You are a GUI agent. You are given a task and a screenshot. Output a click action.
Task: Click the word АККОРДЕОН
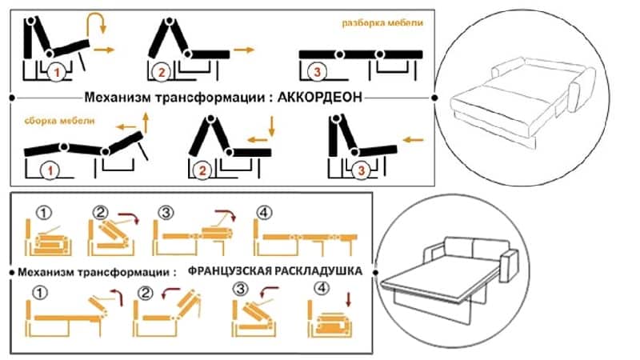(x=319, y=98)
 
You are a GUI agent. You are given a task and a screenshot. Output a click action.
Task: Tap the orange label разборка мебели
(x=382, y=23)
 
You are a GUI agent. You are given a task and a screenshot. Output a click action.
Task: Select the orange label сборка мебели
(x=59, y=121)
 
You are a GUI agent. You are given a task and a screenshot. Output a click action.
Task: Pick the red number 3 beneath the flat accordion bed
(x=317, y=72)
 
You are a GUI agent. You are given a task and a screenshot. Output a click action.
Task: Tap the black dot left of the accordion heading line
(x=12, y=98)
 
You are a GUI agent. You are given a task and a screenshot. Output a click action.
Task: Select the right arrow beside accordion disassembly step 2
(x=244, y=50)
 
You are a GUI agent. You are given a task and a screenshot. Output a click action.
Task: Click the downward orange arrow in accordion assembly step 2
(x=272, y=126)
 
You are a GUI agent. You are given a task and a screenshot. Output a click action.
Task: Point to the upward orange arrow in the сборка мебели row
(x=146, y=122)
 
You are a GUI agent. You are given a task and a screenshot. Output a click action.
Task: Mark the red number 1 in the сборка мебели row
(x=50, y=170)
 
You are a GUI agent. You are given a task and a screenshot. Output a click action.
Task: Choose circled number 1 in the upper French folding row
(x=44, y=213)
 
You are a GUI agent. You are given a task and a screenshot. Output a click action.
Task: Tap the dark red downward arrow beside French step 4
(x=348, y=299)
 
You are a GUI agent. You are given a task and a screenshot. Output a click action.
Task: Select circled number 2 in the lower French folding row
(x=146, y=293)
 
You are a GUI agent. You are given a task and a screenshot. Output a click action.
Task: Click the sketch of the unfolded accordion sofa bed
(x=522, y=100)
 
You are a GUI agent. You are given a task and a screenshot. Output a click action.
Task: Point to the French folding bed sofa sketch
(x=449, y=278)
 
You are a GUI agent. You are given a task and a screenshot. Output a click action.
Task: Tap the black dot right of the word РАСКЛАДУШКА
(x=375, y=272)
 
